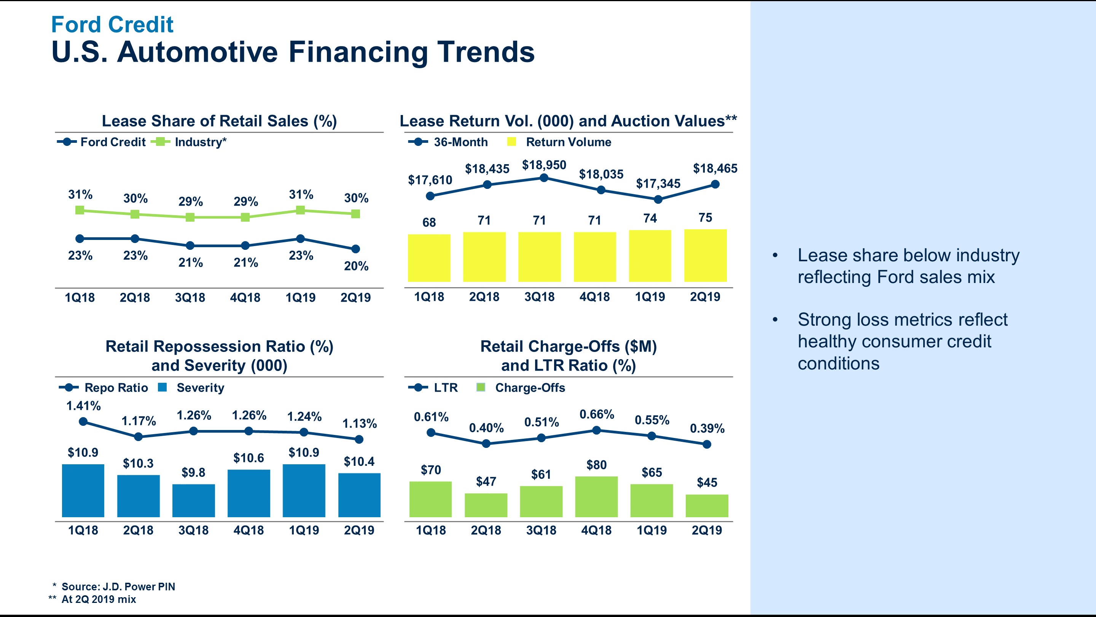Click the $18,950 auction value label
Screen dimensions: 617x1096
544,165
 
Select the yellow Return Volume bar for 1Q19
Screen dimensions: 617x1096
650,256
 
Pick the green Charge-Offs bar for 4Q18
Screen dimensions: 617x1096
596,497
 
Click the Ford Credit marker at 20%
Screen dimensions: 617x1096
356,249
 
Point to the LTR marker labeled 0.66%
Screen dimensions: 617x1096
596,430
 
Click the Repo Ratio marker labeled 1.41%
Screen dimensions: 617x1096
83,422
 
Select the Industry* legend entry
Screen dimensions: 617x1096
190,142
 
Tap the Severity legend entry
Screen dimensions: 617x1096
191,387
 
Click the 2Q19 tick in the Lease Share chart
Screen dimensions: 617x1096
355,297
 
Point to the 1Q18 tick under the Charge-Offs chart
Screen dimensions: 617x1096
430,530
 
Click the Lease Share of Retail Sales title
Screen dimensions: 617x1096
219,121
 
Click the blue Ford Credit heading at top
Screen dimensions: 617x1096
112,24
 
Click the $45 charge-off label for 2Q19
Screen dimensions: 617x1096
707,483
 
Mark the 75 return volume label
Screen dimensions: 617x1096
705,217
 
